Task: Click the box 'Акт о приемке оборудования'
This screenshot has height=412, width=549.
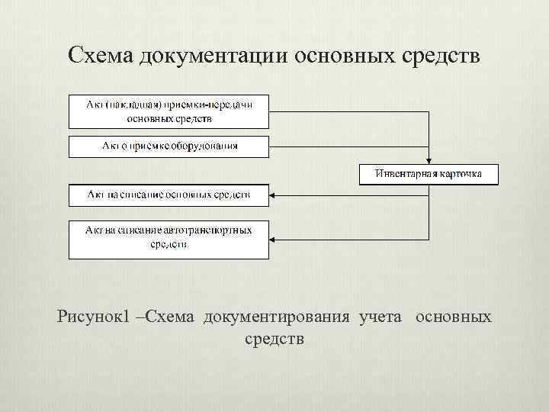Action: (169, 146)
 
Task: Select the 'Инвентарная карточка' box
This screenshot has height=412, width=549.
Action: (429, 174)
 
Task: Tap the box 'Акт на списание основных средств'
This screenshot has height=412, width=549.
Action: (169, 195)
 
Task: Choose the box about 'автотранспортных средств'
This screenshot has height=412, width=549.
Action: (169, 238)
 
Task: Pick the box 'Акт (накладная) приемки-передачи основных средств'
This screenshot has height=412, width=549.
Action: (169, 111)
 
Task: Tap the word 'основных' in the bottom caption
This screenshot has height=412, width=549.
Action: (454, 316)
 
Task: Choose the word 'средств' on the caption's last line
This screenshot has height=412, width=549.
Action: (274, 337)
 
